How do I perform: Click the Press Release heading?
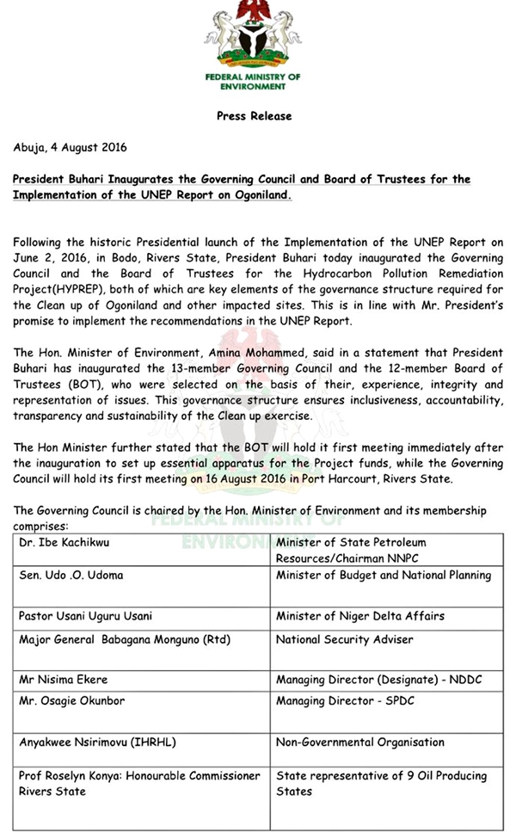254,116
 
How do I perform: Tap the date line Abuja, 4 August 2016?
70,147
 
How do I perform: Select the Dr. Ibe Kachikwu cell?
62,543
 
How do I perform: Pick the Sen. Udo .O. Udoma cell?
68,576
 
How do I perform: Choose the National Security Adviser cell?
344,640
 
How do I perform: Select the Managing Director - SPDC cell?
345,701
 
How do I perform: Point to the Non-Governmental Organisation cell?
360,742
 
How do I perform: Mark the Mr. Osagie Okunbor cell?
71,701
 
